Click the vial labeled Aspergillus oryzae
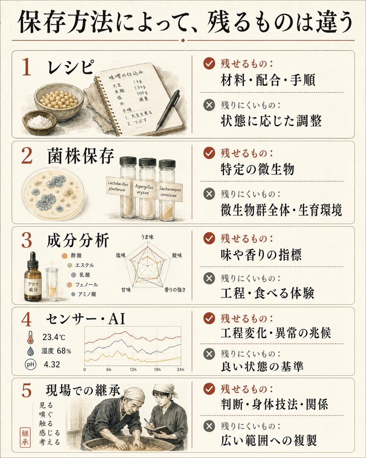(x=147, y=188)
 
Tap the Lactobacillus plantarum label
(x=118, y=186)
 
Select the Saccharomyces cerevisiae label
(x=170, y=192)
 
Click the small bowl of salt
(x=40, y=123)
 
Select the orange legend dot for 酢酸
(x=64, y=255)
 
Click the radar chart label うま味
(x=147, y=237)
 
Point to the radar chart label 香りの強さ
(x=175, y=289)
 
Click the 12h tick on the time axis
(x=133, y=369)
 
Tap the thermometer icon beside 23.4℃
(x=30, y=337)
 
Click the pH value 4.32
(x=52, y=365)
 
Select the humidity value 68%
(x=64, y=351)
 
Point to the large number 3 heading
(x=26, y=241)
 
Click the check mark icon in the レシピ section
(x=209, y=64)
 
